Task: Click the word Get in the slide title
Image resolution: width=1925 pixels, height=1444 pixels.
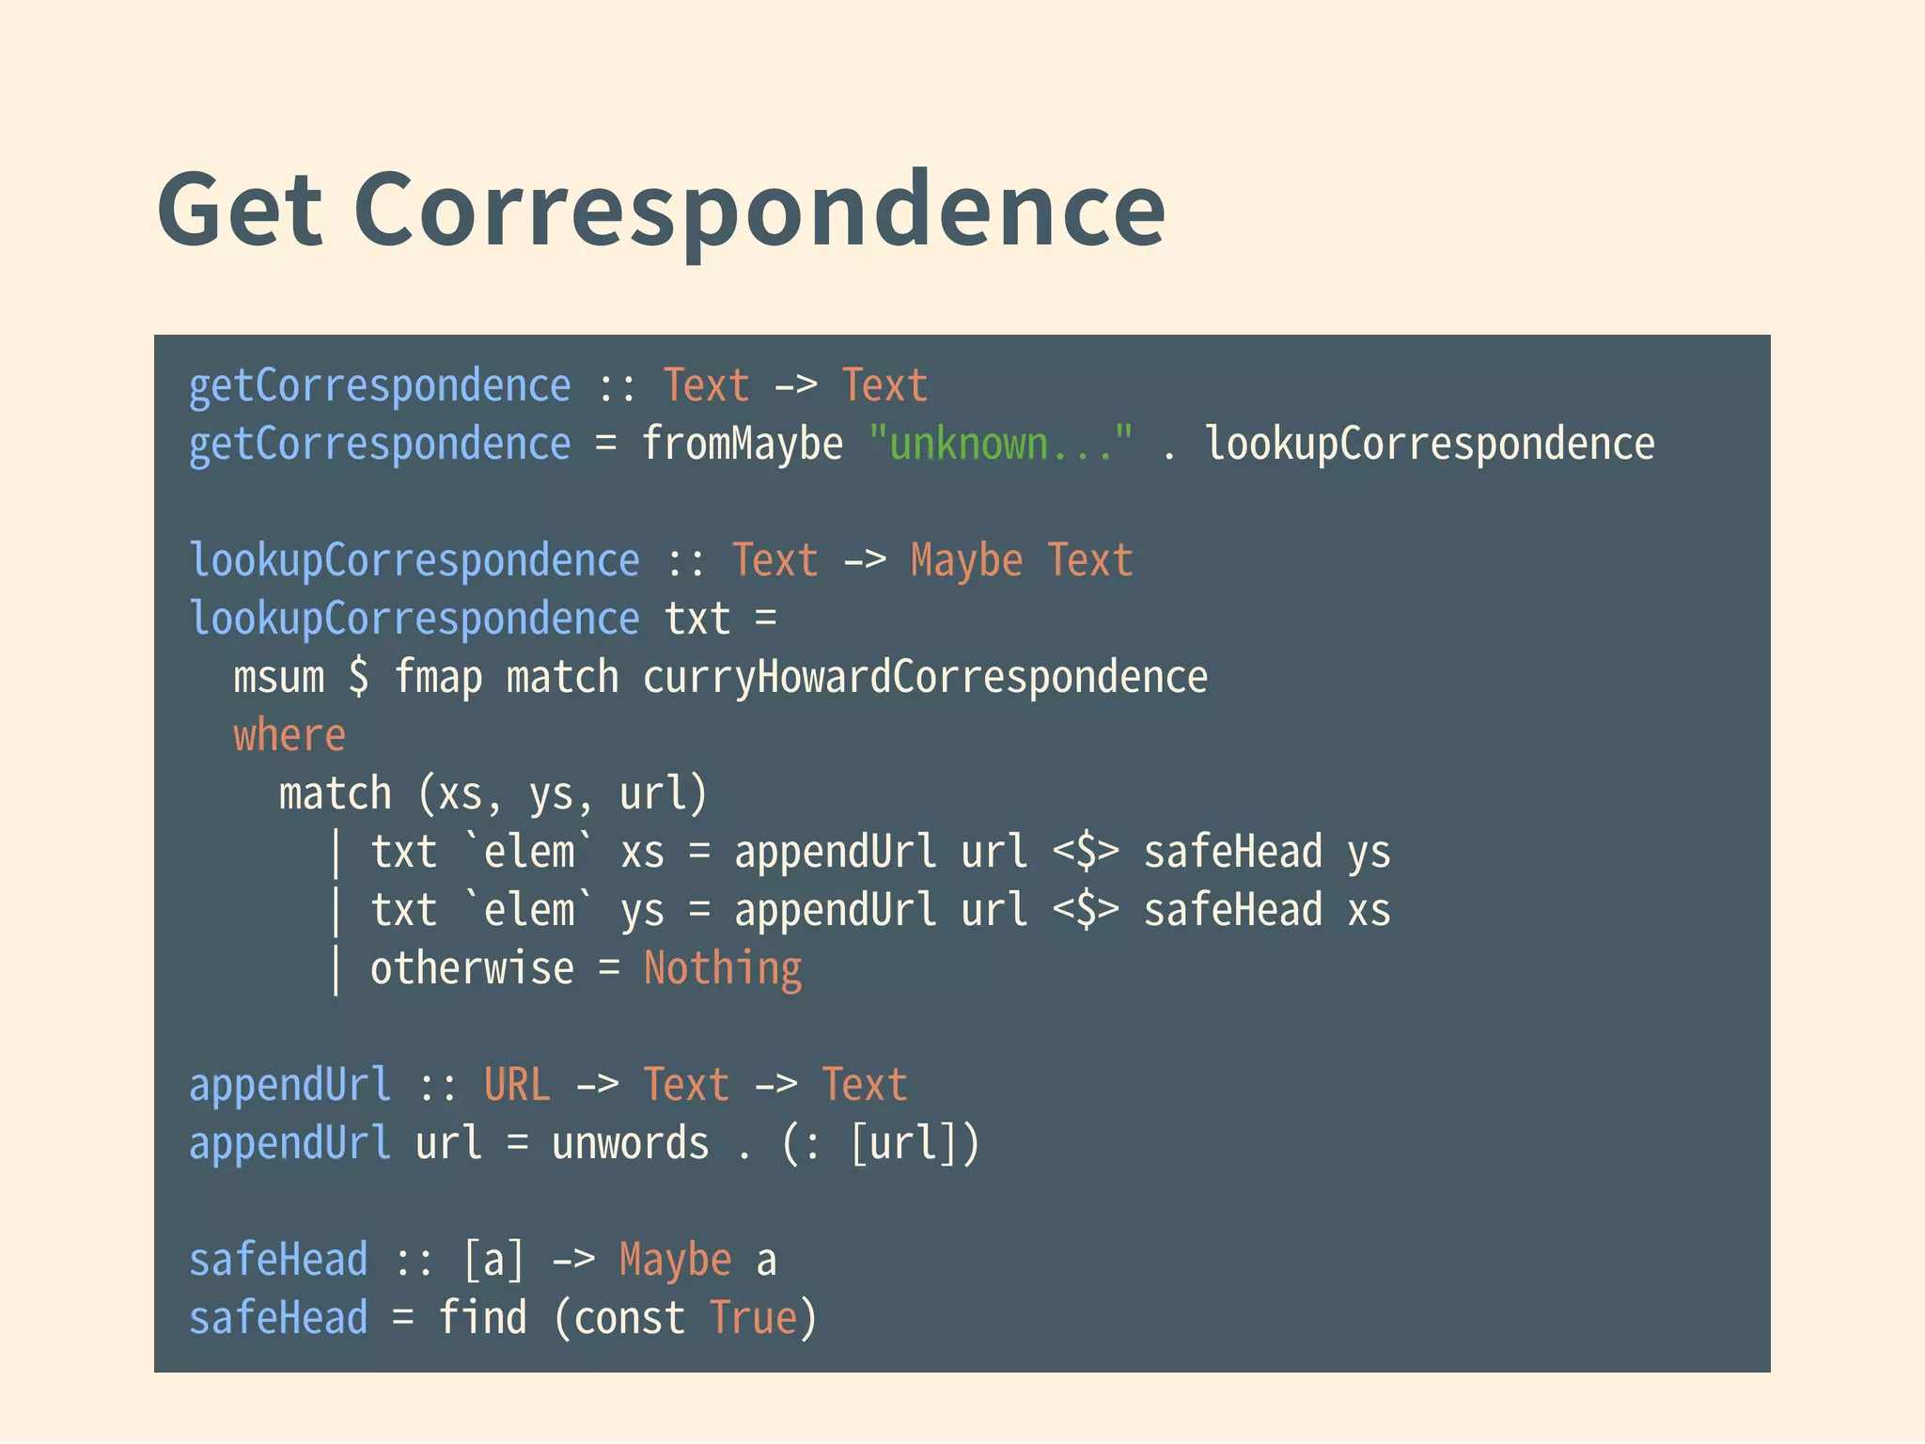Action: coord(241,210)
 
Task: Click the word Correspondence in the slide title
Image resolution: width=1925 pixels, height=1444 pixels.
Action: coord(759,210)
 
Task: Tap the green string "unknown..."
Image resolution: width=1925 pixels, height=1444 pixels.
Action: coord(1001,443)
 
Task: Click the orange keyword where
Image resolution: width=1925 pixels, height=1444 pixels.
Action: coord(290,735)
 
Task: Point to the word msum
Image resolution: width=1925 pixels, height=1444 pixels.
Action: coord(278,677)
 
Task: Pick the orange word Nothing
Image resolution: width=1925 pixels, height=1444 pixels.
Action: coord(723,969)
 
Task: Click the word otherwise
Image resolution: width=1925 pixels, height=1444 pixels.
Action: coord(472,969)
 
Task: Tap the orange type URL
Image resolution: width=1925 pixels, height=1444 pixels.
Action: coord(517,1085)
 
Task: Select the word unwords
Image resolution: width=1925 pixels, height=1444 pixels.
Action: coord(630,1144)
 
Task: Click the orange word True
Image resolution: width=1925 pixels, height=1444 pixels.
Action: coord(753,1318)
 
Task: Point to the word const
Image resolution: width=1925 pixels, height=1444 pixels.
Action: coord(629,1318)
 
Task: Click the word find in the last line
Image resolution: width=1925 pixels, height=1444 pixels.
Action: coord(482,1318)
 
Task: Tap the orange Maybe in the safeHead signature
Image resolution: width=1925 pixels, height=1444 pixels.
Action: coord(675,1261)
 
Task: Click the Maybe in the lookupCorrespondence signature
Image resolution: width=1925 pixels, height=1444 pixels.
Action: coord(966,561)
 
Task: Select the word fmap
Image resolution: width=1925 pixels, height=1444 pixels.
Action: coord(438,677)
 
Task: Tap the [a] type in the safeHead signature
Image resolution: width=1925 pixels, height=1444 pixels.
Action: coord(493,1261)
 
